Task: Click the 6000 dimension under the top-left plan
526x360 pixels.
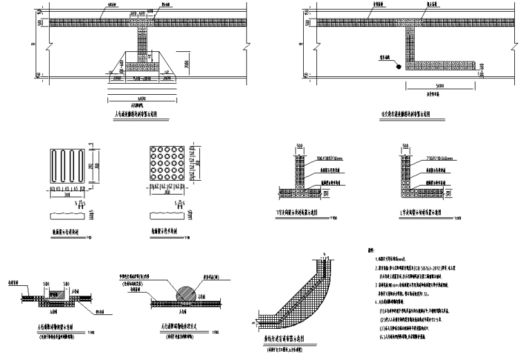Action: (x=141, y=97)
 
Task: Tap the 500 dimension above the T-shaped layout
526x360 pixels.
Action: (x=299, y=147)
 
